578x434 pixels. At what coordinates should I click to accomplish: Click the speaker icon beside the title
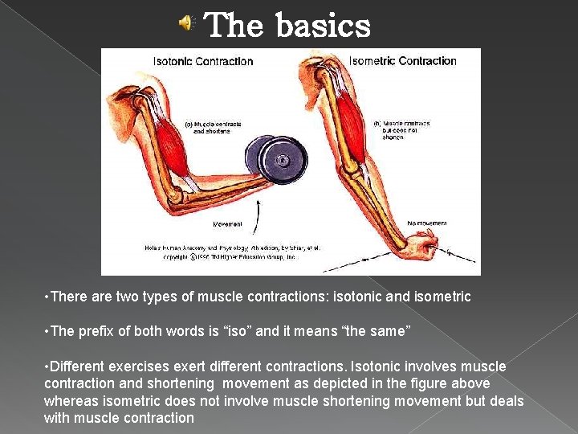click(185, 25)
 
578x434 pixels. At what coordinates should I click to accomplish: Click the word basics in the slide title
click(324, 26)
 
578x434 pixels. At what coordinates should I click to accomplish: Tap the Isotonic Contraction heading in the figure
click(203, 61)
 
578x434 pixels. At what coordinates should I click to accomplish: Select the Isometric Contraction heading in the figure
click(403, 61)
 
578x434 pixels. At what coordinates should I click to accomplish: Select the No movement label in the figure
click(427, 223)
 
